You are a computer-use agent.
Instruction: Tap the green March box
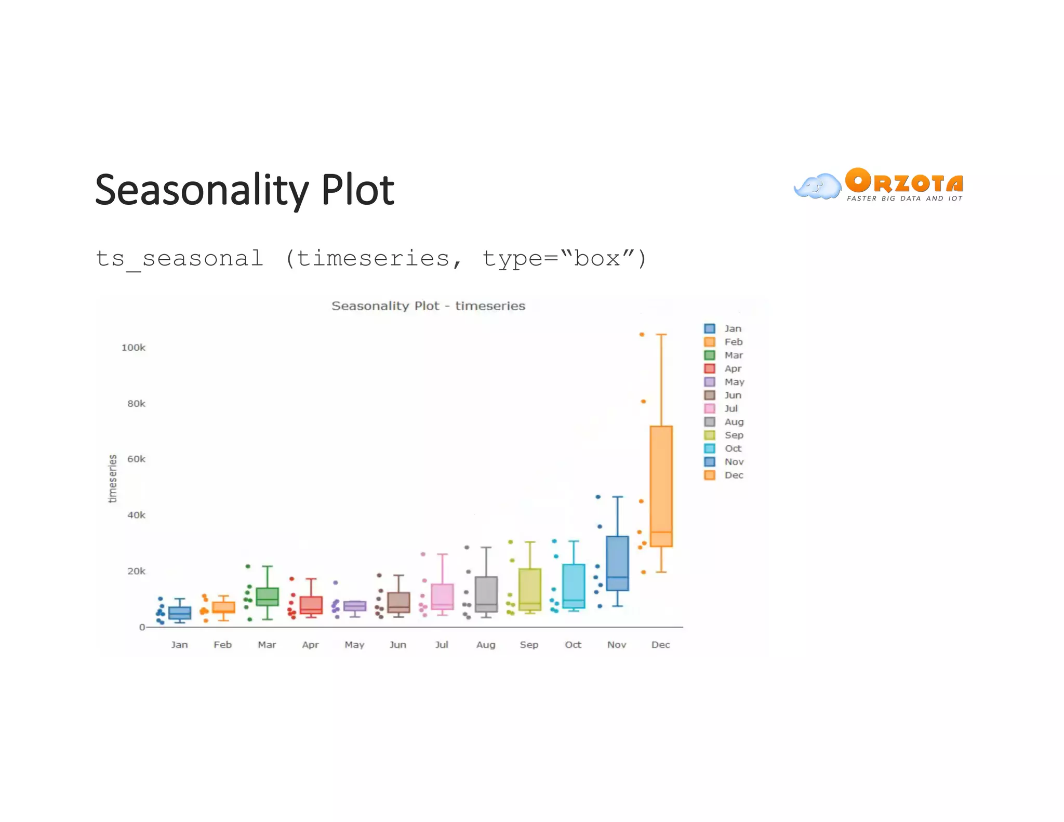tap(267, 596)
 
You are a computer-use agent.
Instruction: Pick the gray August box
tap(486, 593)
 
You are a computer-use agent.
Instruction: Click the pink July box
tap(442, 596)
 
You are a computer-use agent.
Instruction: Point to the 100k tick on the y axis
tap(134, 348)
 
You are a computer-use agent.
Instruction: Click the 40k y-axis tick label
tap(136, 515)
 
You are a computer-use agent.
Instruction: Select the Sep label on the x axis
tap(529, 644)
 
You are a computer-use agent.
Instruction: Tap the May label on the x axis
tap(354, 644)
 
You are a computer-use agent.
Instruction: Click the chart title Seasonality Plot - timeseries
tap(428, 306)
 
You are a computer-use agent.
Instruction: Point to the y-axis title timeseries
tap(113, 479)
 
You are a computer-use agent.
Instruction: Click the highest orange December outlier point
tap(642, 335)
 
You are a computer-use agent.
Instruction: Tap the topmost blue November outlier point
tap(598, 497)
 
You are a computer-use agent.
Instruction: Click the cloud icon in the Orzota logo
tap(817, 187)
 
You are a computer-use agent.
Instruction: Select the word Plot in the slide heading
tap(357, 190)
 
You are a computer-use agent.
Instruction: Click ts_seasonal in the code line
tap(179, 259)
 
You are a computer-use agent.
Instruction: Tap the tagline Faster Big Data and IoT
tap(904, 198)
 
